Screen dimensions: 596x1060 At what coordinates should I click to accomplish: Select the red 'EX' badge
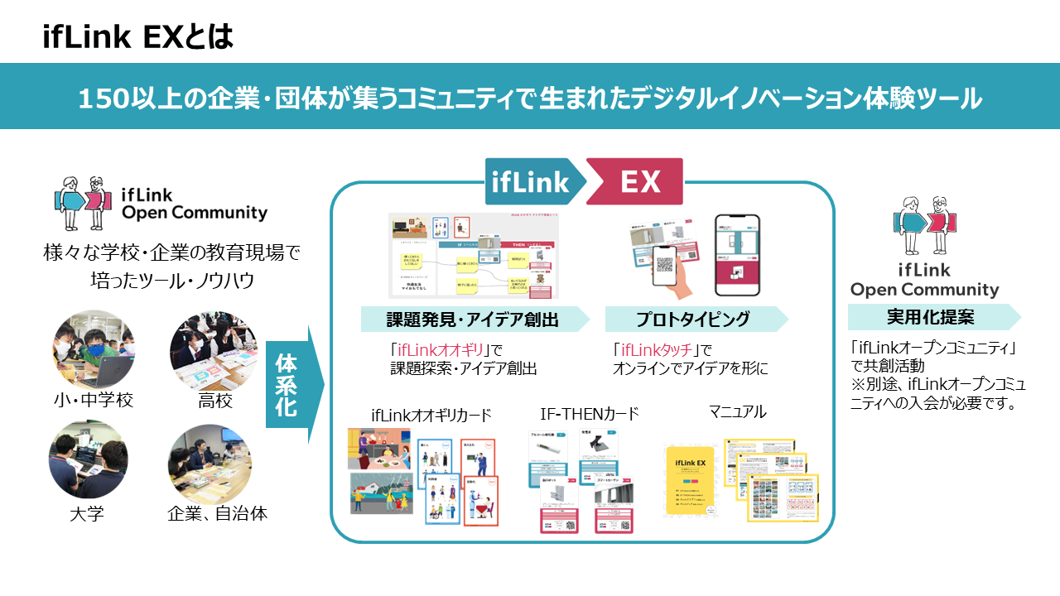637,181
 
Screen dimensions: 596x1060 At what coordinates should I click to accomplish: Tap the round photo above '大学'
88,460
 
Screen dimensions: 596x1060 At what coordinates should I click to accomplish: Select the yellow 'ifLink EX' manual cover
690,483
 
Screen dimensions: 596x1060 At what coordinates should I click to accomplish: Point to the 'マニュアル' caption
737,411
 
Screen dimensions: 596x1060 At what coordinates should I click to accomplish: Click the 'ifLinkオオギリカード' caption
431,414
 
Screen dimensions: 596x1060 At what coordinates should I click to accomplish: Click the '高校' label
214,401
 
